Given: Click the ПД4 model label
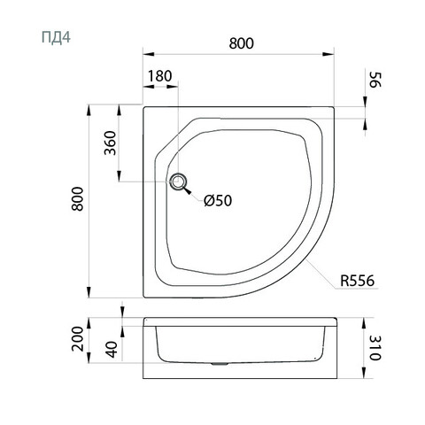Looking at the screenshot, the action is pyautogui.click(x=56, y=37).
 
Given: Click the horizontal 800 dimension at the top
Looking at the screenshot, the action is pyautogui.click(x=241, y=43).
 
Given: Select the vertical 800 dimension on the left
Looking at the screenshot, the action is pyautogui.click(x=78, y=198).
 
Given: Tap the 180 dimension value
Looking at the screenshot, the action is pyautogui.click(x=159, y=76).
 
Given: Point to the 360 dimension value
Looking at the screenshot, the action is pyautogui.click(x=110, y=143).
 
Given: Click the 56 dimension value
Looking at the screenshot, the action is pyautogui.click(x=375, y=80).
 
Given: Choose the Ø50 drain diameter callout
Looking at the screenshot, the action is pyautogui.click(x=218, y=201).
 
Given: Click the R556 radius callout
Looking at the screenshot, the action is pyautogui.click(x=357, y=281).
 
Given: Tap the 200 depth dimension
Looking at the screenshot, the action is pyautogui.click(x=78, y=338).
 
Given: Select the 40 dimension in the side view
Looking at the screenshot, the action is pyautogui.click(x=112, y=350).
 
